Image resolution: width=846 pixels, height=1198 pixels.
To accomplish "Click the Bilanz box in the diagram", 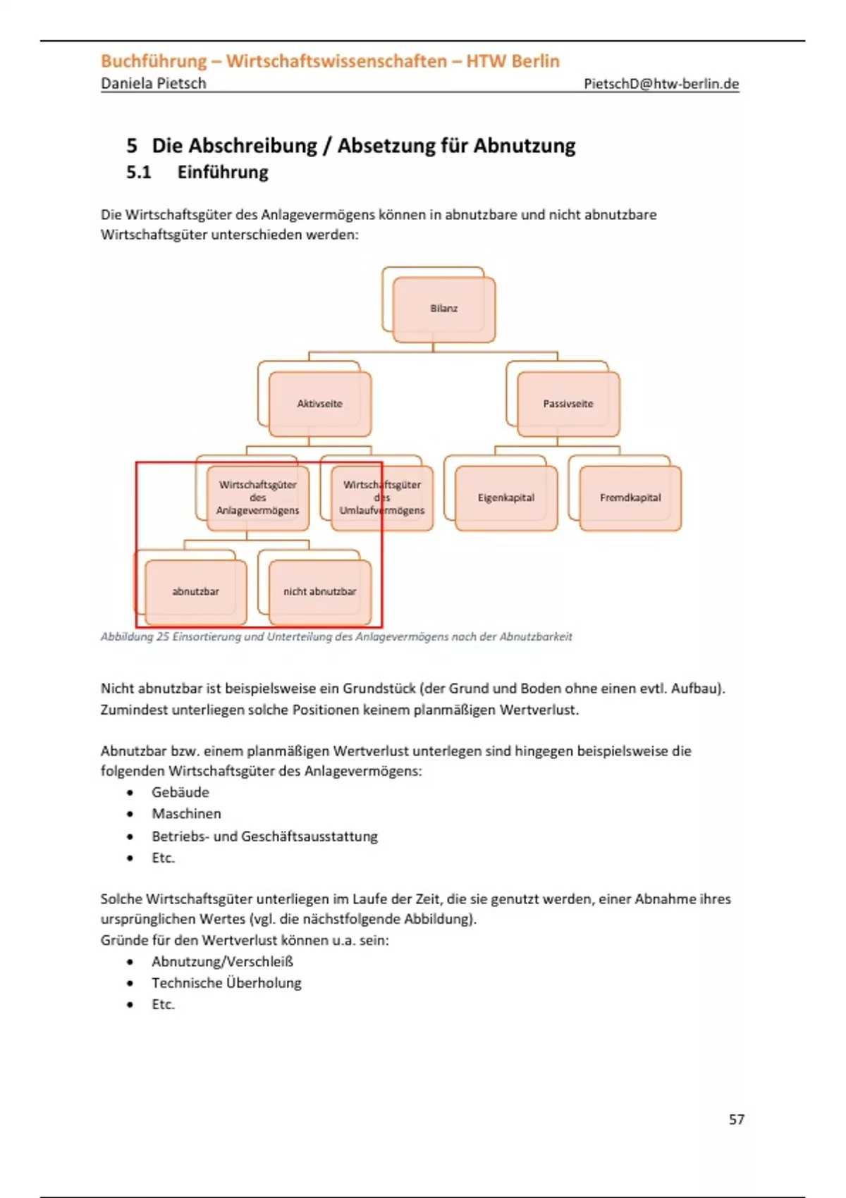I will [x=444, y=309].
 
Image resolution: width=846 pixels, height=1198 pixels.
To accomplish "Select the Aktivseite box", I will [x=320, y=404].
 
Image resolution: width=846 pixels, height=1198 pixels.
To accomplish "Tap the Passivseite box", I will [x=568, y=404].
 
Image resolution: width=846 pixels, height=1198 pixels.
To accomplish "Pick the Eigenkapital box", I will [x=506, y=498].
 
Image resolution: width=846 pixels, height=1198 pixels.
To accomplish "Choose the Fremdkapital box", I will [x=630, y=498].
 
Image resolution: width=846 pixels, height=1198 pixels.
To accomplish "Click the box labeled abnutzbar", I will [x=196, y=592].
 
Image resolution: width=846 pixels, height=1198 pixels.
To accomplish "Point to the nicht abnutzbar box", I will [x=320, y=592].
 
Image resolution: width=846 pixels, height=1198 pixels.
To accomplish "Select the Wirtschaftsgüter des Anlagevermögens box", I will [x=258, y=498].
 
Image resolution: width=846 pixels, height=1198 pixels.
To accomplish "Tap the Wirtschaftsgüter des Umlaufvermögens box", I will [x=382, y=498].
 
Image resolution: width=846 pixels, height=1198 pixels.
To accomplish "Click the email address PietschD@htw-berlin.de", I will [x=661, y=84].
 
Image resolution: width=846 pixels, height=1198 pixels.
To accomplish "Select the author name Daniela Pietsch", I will [x=154, y=84].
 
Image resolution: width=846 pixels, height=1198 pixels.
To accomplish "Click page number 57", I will [x=737, y=1119].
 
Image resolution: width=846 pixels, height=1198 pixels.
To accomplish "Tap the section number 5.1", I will [x=139, y=173].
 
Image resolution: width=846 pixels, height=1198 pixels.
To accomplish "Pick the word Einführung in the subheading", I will [x=223, y=173].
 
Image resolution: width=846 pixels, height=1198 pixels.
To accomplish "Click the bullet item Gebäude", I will [x=180, y=792].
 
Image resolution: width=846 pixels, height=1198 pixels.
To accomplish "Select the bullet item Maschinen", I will [x=186, y=814].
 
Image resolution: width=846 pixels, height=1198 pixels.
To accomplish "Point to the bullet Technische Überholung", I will [x=226, y=983].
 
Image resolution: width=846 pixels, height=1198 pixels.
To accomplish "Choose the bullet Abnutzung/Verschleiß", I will [x=222, y=962].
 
